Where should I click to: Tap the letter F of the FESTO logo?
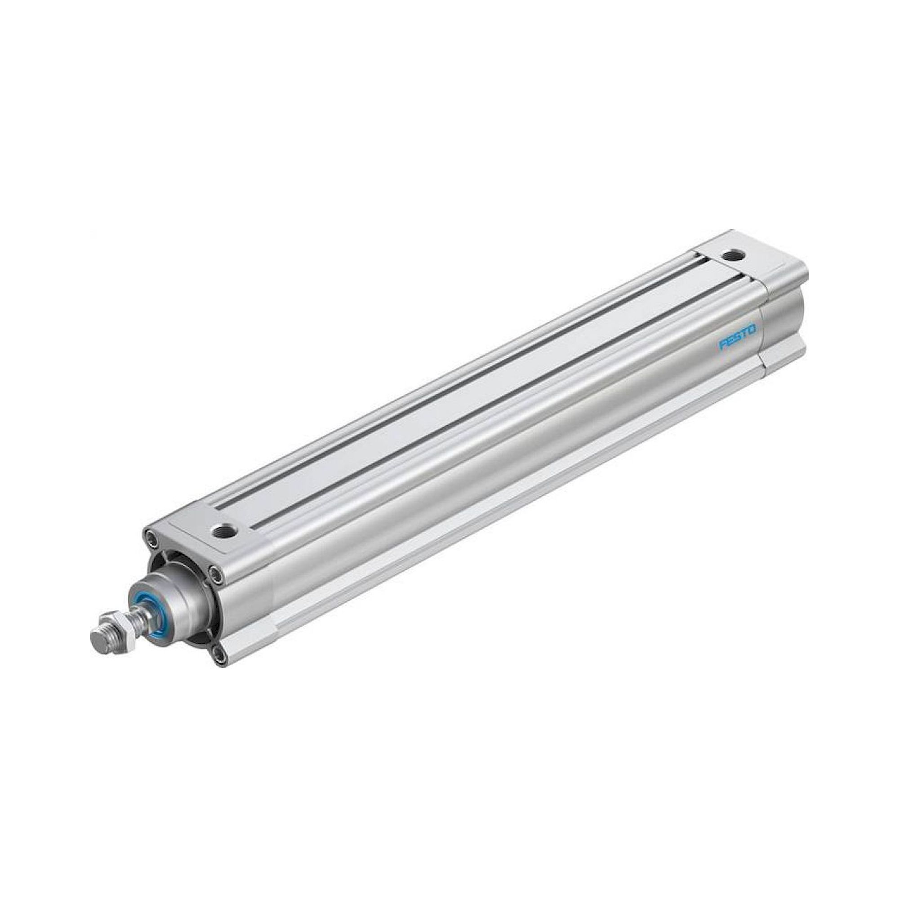point(723,346)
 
